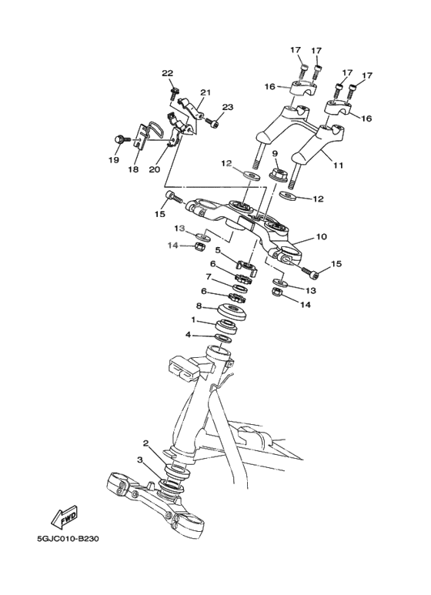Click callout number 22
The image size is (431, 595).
click(167, 74)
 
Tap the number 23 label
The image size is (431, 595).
click(228, 107)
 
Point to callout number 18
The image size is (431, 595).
click(134, 169)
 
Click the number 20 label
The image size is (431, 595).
click(153, 169)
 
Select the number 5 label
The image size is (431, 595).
click(219, 250)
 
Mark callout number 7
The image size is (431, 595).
click(208, 277)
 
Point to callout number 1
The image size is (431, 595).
click(193, 319)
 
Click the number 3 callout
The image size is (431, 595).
click(139, 460)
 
